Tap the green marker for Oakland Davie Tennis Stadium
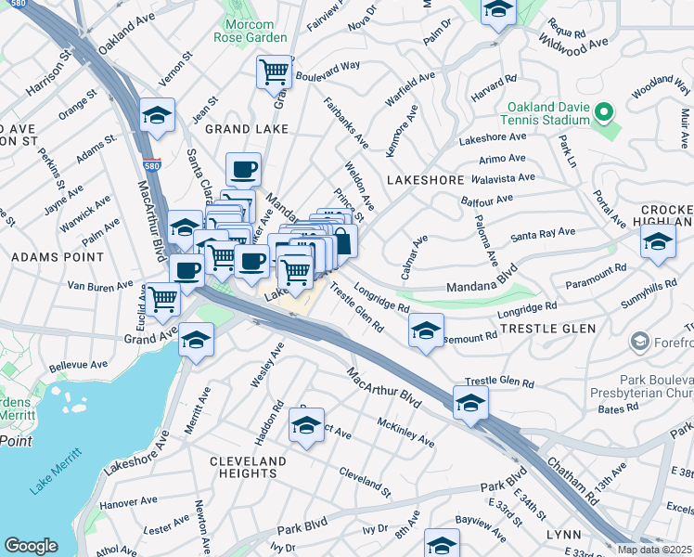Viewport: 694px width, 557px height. pos(605,113)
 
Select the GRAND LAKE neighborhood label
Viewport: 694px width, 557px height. pos(246,129)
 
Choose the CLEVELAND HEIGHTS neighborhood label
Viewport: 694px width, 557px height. pos(248,467)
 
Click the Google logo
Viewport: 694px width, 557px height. pos(31,546)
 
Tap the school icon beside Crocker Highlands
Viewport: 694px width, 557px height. pos(658,242)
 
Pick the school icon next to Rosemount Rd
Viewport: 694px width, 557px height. pos(425,330)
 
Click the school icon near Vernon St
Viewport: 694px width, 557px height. pos(157,117)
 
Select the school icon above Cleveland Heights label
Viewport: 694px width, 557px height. pos(306,425)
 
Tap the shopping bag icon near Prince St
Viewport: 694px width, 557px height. pos(341,241)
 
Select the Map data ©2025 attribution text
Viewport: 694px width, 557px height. pos(653,550)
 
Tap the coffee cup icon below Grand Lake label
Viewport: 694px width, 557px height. pos(243,170)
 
